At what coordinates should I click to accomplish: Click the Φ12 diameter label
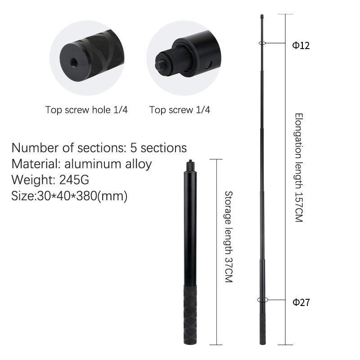301,45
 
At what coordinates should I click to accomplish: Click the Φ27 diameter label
301,302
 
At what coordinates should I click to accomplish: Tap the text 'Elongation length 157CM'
299,167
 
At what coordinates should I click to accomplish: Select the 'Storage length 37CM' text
229,237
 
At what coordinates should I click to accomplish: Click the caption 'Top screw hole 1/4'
86,110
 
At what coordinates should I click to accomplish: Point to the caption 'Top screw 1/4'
180,110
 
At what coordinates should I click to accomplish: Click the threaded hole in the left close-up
74,62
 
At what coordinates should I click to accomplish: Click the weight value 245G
74,180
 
